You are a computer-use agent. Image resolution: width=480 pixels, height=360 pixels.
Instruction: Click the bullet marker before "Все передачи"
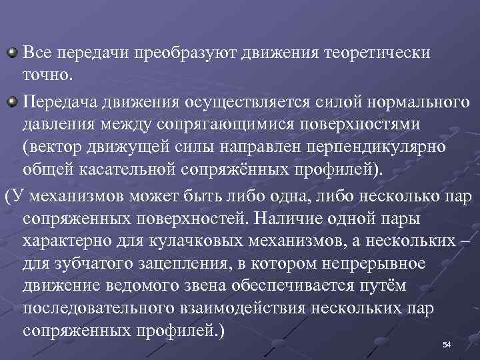coord(12,51)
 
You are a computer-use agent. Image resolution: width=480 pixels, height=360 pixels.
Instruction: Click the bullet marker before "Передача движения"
coord(12,101)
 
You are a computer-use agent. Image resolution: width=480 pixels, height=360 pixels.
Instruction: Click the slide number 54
coord(447,345)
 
